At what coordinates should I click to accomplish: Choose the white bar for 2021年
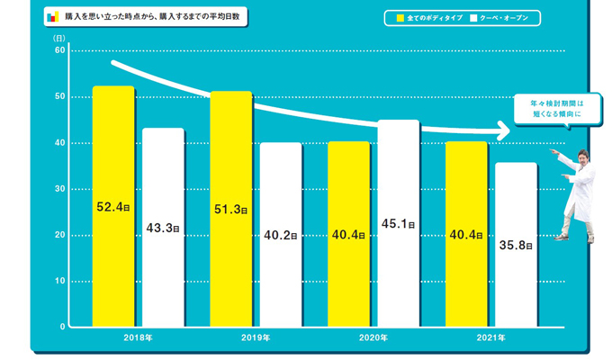tap(516, 244)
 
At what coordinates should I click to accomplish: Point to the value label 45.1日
tap(398, 224)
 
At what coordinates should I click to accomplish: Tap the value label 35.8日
tap(516, 245)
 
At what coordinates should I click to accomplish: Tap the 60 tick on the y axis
tap(59, 50)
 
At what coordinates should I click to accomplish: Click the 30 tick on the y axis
tap(59, 189)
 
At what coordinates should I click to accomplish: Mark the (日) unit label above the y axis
tap(58, 38)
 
